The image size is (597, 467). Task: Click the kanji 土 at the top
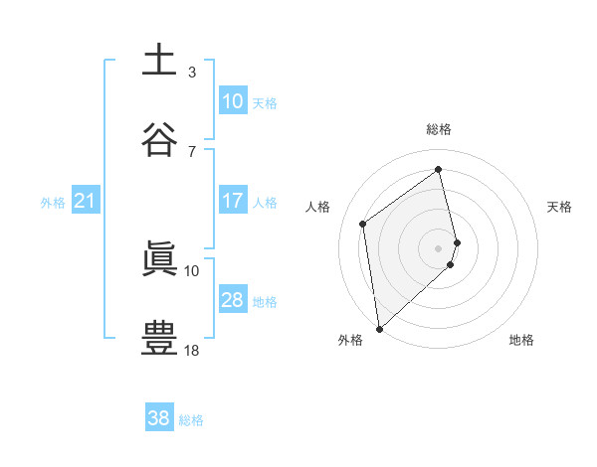(158, 60)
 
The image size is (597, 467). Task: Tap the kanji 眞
(158, 258)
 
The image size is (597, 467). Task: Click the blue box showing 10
(233, 101)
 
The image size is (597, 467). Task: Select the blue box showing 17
(233, 201)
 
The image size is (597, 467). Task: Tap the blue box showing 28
(233, 300)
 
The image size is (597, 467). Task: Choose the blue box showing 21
(85, 202)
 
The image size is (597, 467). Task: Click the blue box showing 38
(159, 418)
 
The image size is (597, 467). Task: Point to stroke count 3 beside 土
(192, 72)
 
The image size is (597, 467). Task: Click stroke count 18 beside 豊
(192, 350)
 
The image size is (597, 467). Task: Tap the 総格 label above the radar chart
(439, 129)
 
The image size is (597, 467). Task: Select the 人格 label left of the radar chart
(318, 207)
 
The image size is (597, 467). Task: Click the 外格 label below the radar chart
(350, 340)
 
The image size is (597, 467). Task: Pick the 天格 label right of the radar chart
(560, 207)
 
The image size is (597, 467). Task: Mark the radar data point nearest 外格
(378, 328)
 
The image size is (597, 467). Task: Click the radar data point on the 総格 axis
(439, 170)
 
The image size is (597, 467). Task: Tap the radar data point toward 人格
(363, 224)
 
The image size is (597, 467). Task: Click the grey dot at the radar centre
(439, 247)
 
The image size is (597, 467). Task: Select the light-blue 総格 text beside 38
(191, 420)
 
